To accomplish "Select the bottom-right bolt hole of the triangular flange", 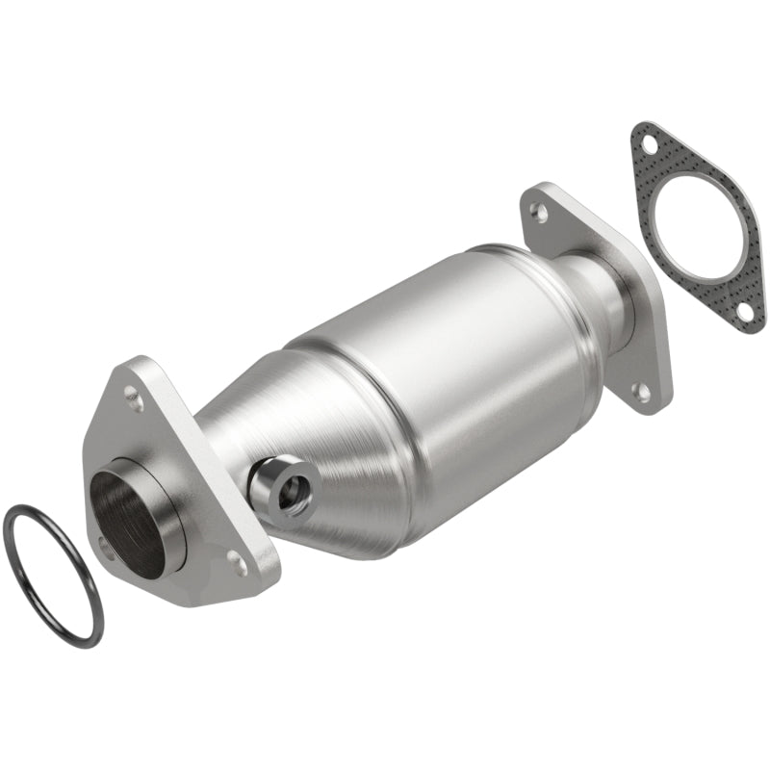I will point(241,565).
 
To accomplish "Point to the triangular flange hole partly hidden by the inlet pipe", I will point(105,545).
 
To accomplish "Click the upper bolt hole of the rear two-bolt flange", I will point(541,211).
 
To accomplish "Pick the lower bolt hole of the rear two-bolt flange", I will point(638,390).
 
